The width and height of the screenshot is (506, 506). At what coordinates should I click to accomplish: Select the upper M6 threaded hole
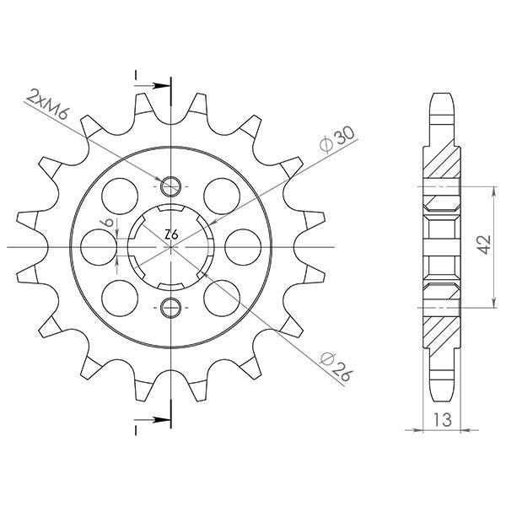(x=170, y=186)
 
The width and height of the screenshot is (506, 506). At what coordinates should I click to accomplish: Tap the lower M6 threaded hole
(x=170, y=306)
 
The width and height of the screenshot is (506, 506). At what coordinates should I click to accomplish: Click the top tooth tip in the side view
(x=443, y=95)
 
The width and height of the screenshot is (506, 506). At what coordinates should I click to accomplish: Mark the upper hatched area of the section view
(x=443, y=158)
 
